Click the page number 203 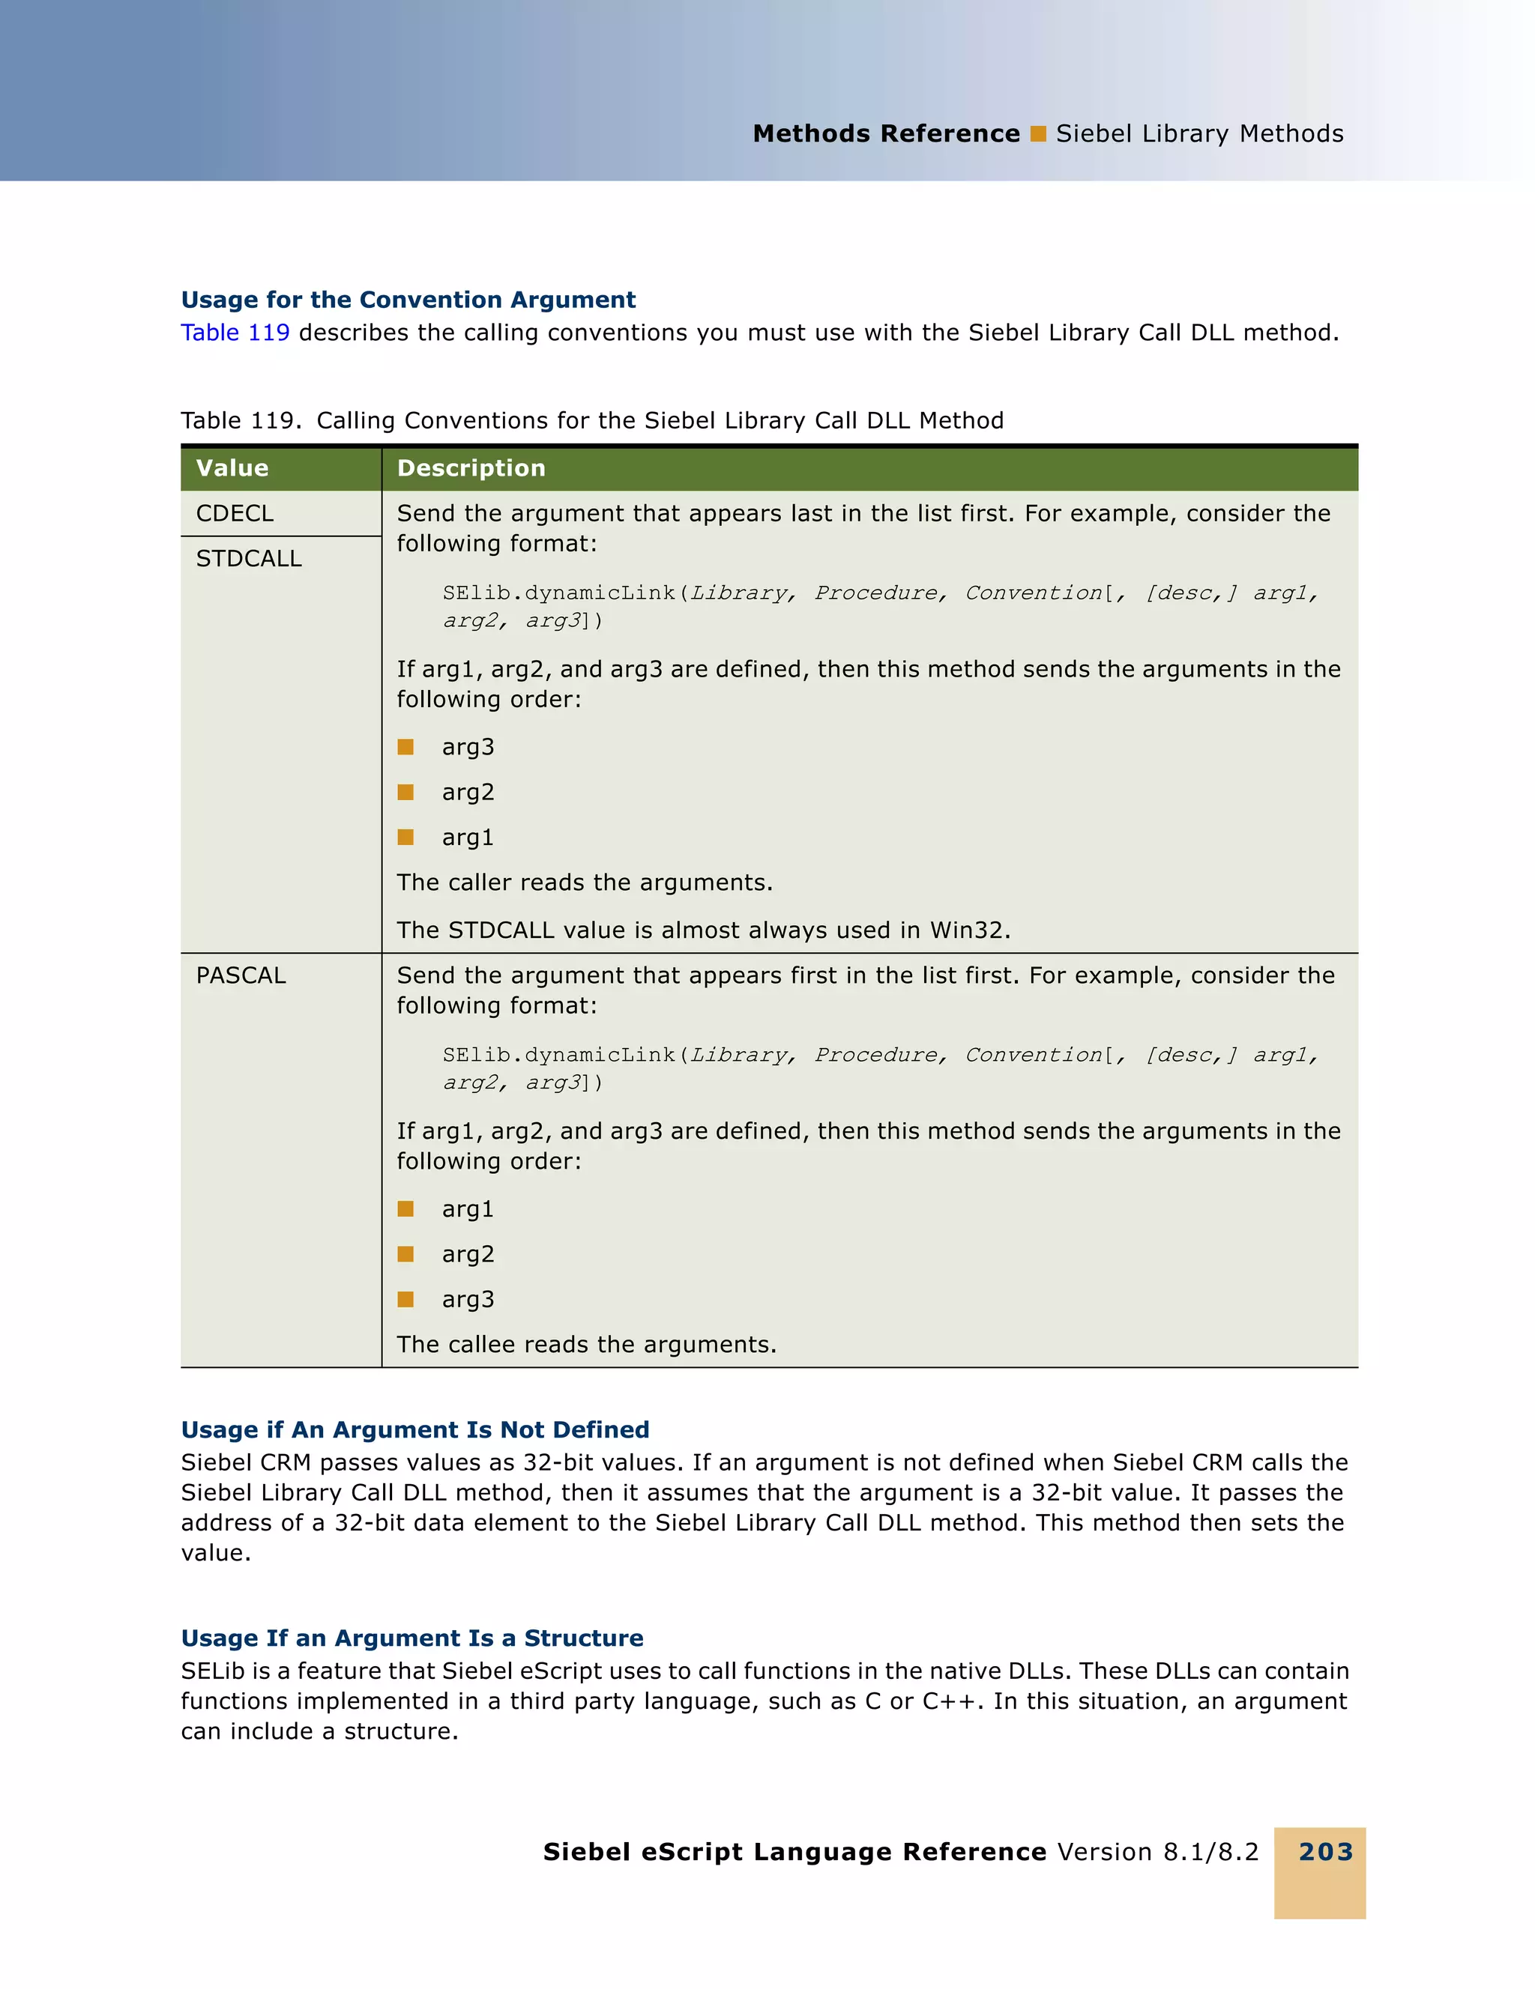pyautogui.click(x=1325, y=1851)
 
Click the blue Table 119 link pyautogui.click(x=235, y=333)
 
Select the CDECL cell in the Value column pyautogui.click(x=235, y=514)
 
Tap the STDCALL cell pyautogui.click(x=249, y=559)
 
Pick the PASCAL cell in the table pyautogui.click(x=241, y=975)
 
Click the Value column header pyautogui.click(x=232, y=468)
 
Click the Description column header pyautogui.click(x=471, y=468)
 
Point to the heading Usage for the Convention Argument pyautogui.click(x=408, y=300)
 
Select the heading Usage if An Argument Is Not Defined pyautogui.click(x=414, y=1430)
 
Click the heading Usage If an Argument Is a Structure pyautogui.click(x=411, y=1638)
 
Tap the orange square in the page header pyautogui.click(x=1037, y=134)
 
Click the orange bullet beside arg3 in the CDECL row pyautogui.click(x=405, y=748)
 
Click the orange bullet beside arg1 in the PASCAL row pyautogui.click(x=405, y=1209)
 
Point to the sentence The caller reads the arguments pyautogui.click(x=584, y=883)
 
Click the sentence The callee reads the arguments pyautogui.click(x=586, y=1345)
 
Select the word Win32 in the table pyautogui.click(x=968, y=930)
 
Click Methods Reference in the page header pyautogui.click(x=885, y=134)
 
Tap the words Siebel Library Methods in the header pyautogui.click(x=1199, y=134)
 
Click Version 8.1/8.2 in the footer pyautogui.click(x=1158, y=1851)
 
